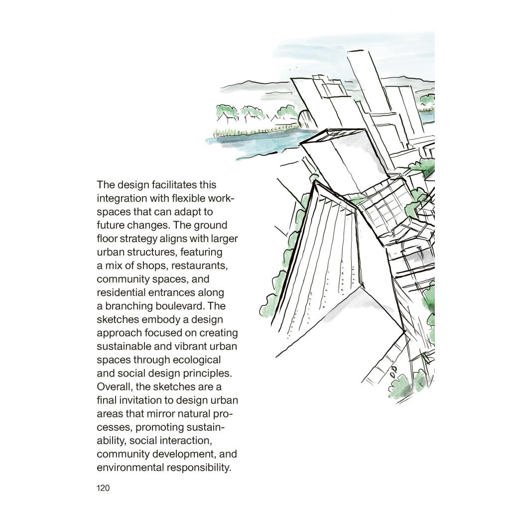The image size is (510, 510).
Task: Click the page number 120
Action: coord(103,488)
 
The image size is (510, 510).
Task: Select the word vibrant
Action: coord(192,346)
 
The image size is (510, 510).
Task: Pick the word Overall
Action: coord(113,386)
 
